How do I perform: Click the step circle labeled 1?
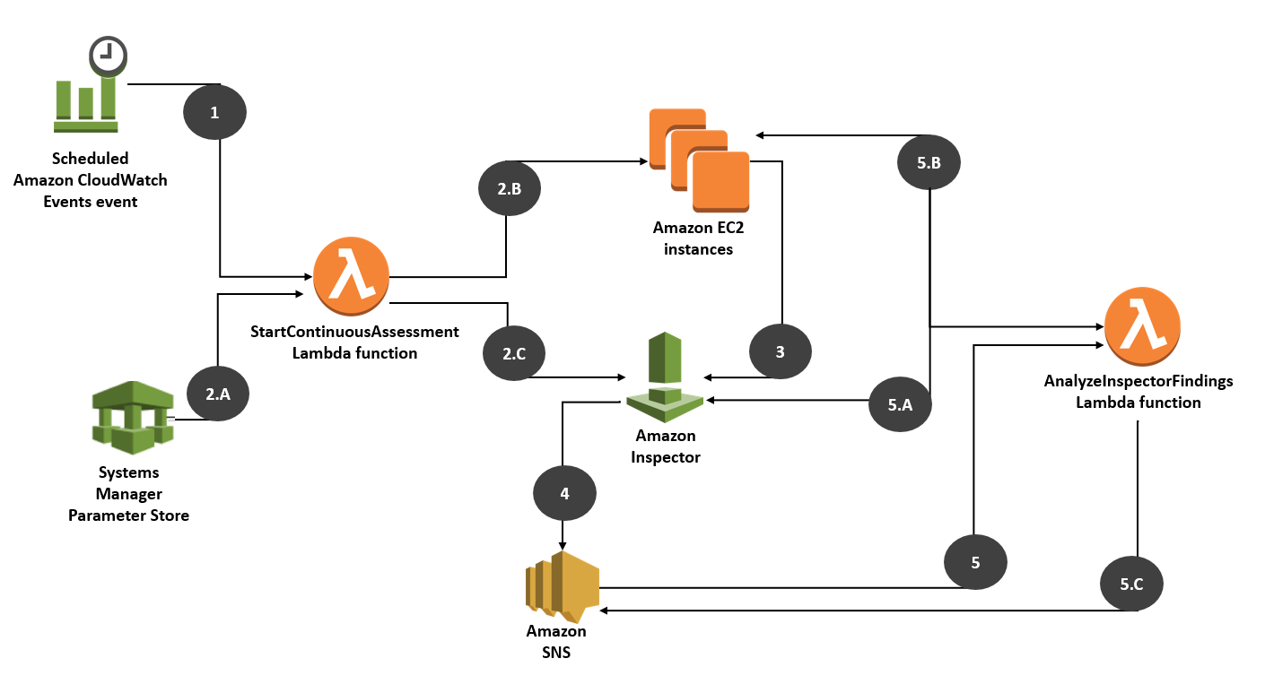(214, 112)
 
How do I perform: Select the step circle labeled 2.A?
(218, 391)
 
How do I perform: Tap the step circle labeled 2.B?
(509, 189)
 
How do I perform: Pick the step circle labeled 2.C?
(514, 353)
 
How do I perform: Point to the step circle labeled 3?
(780, 352)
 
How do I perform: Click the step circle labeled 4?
(563, 493)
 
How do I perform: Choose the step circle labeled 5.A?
(900, 405)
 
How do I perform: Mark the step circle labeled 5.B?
(929, 163)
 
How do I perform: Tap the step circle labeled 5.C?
(1131, 585)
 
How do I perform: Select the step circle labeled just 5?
(975, 563)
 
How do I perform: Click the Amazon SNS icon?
(562, 587)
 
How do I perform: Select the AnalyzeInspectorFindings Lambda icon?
(1141, 324)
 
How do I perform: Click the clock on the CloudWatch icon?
(108, 56)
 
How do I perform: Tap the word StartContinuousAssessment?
(354, 332)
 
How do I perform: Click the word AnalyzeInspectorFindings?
(1138, 381)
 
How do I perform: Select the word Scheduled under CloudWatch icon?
(90, 159)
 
